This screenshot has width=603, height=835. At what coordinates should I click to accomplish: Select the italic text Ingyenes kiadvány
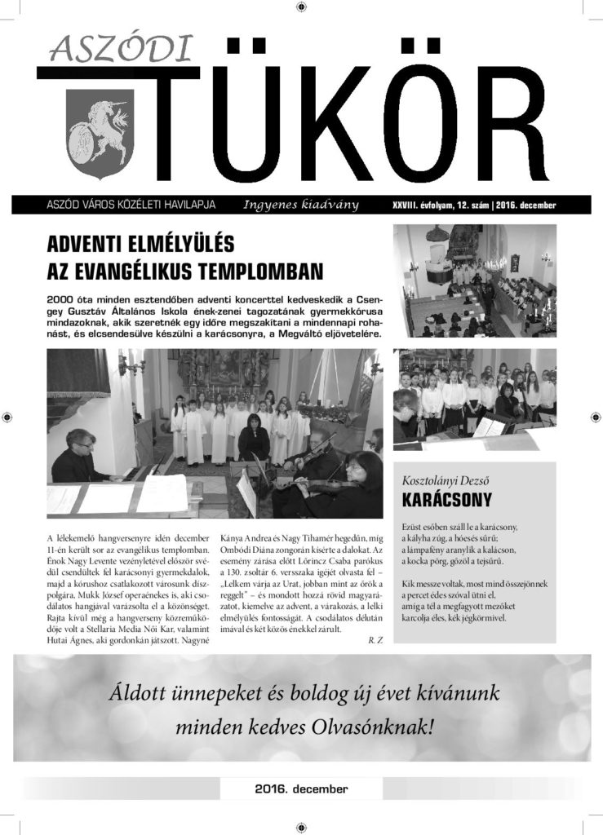[301, 204]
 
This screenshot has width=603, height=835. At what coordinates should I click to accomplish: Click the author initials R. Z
[375, 640]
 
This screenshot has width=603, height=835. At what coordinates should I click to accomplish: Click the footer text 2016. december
[301, 789]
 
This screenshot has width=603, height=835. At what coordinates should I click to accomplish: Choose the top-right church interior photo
[475, 281]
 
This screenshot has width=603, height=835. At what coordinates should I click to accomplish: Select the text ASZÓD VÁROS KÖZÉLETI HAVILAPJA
[131, 204]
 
